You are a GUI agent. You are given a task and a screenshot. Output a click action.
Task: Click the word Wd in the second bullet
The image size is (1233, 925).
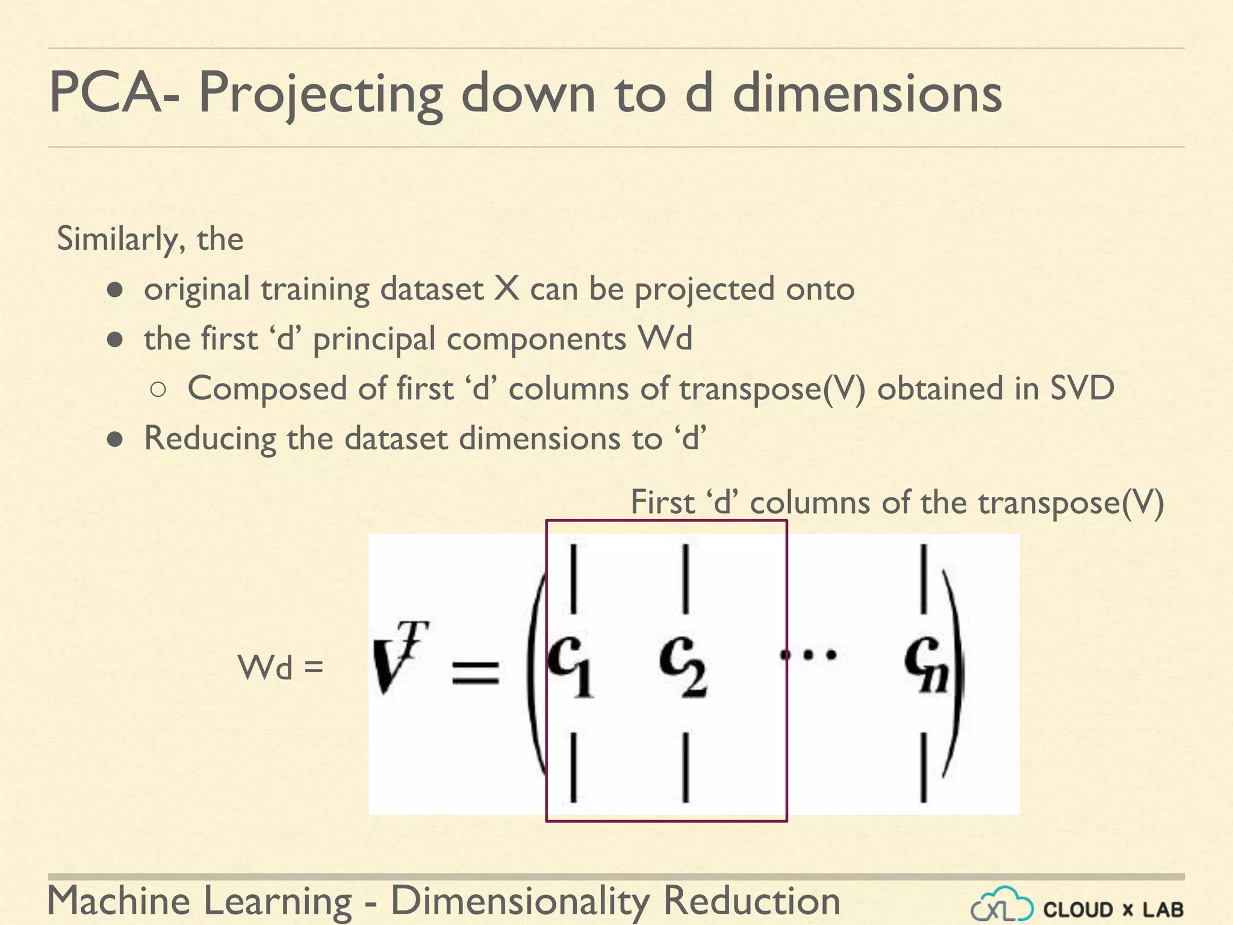point(665,338)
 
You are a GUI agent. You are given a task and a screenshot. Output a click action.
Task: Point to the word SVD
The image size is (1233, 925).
point(1082,388)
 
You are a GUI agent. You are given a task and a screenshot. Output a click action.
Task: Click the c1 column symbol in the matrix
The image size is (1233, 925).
point(570,665)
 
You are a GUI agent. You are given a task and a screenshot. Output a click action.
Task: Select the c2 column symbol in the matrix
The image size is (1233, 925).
point(682,665)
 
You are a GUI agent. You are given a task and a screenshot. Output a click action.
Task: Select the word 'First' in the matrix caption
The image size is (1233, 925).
point(662,502)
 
